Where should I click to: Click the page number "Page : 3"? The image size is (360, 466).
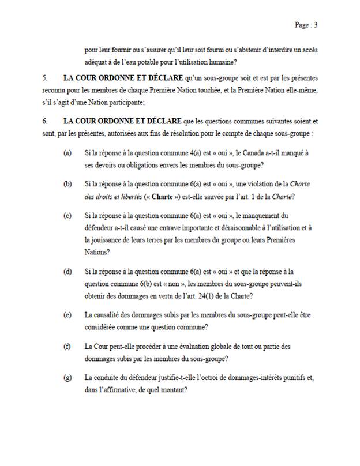coord(306,25)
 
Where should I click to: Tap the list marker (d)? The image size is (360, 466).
coord(68,271)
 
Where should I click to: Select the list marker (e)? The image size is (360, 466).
coord(68,314)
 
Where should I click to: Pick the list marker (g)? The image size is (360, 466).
coord(68,378)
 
